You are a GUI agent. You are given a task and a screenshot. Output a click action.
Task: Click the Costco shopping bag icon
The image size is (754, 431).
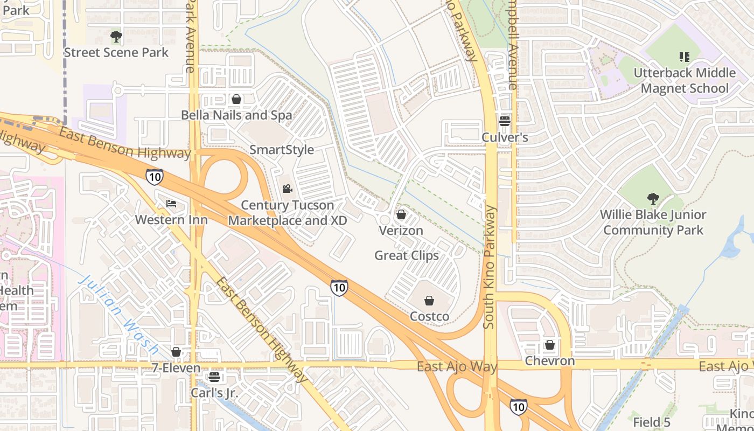tap(429, 301)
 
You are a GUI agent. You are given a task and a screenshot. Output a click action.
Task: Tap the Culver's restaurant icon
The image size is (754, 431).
tap(505, 121)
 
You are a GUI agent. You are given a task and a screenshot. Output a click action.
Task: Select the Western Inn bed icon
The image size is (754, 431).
tap(171, 204)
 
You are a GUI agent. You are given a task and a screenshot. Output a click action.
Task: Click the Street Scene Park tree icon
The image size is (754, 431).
tap(116, 37)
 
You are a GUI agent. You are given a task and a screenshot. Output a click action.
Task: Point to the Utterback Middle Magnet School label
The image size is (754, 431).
tap(684, 80)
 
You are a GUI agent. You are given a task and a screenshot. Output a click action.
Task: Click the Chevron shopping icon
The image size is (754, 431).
tap(550, 345)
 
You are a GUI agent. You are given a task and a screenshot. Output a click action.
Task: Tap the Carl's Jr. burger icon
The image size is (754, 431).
tap(214, 377)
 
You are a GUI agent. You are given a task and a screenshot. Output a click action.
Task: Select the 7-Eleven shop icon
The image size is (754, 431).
tap(176, 352)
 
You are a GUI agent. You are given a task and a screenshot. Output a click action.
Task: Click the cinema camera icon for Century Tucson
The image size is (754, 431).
tap(288, 189)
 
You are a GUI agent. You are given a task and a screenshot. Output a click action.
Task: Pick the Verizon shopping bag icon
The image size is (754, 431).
tap(401, 215)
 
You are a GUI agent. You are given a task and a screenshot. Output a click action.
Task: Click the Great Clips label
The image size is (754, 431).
tap(407, 255)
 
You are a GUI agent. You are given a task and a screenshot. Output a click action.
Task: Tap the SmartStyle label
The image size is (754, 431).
tap(282, 150)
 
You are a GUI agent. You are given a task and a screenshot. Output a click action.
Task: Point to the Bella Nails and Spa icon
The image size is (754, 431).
tap(236, 99)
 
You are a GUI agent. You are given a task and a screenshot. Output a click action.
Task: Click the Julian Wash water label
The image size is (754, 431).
tap(117, 315)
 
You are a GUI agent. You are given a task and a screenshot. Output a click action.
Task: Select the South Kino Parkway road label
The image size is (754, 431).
tap(489, 267)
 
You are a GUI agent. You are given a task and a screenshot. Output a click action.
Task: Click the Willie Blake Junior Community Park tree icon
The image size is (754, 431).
tap(653, 199)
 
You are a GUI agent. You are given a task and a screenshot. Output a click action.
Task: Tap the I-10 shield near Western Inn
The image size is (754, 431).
tap(154, 176)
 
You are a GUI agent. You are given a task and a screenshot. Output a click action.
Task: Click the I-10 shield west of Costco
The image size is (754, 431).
tap(339, 288)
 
